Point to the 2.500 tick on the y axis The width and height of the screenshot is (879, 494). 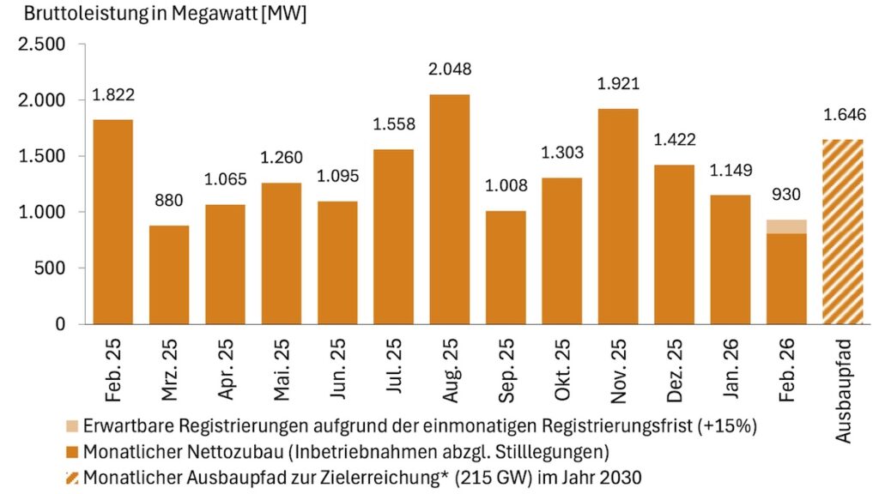coord(42,45)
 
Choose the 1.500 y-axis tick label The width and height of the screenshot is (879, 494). coord(42,156)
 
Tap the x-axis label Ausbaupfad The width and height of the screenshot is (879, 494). coord(844,390)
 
